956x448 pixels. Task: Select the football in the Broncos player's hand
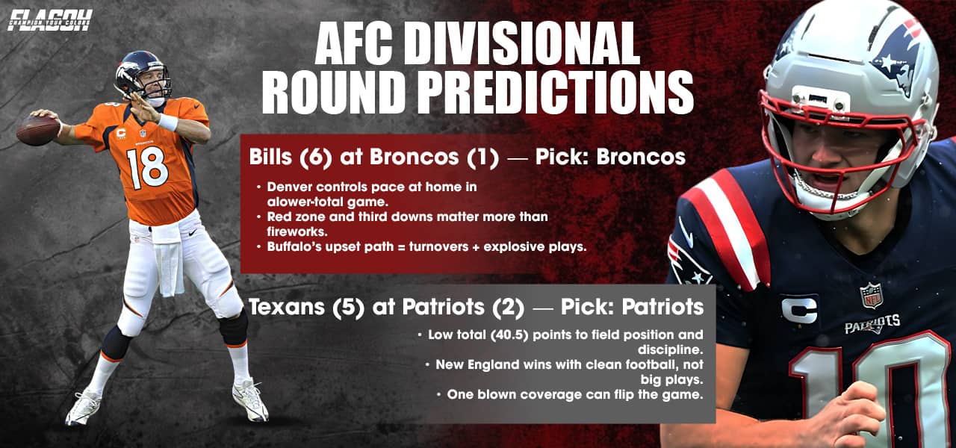tap(37, 130)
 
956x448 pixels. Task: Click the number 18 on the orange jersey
tap(146, 168)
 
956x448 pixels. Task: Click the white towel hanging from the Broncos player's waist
tap(169, 258)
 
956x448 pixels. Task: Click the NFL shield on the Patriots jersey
tap(870, 295)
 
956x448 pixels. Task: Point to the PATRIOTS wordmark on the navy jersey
tap(872, 325)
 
